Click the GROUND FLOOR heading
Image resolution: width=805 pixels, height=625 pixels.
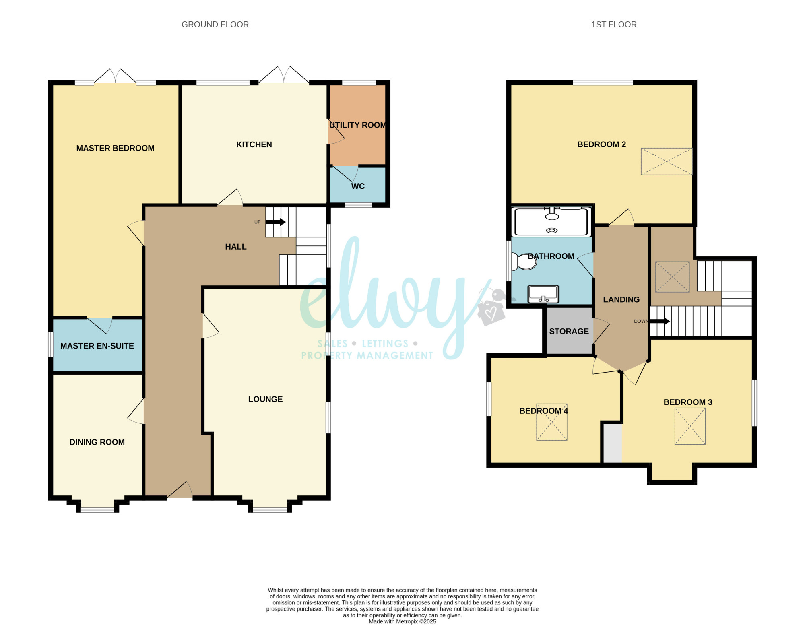tap(215, 25)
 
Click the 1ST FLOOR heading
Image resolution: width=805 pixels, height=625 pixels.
tap(614, 25)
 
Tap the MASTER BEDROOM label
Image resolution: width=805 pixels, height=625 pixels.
tap(116, 148)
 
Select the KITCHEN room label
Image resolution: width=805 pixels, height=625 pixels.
tap(254, 144)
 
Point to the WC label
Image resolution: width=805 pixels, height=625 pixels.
tap(358, 186)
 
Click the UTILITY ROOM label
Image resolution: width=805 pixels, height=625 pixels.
tap(357, 125)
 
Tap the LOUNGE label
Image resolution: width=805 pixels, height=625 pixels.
tap(265, 399)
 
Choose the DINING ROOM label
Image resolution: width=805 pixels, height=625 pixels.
tap(97, 442)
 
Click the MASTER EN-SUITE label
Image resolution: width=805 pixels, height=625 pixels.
tap(97, 346)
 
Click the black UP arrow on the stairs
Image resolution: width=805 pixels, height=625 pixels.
tap(276, 222)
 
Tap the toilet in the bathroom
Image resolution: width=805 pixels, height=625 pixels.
tap(524, 262)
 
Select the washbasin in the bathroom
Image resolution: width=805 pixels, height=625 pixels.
tap(543, 294)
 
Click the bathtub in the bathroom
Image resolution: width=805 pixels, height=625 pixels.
tap(551, 221)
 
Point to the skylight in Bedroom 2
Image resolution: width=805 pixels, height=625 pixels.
tap(667, 161)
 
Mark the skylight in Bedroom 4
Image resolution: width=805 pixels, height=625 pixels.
tap(552, 422)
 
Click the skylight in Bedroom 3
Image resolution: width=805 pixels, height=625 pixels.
tap(690, 426)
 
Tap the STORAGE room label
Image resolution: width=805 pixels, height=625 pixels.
tap(569, 331)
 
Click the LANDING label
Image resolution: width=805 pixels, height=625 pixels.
tap(621, 300)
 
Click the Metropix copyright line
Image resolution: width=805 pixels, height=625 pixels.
tap(402, 621)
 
